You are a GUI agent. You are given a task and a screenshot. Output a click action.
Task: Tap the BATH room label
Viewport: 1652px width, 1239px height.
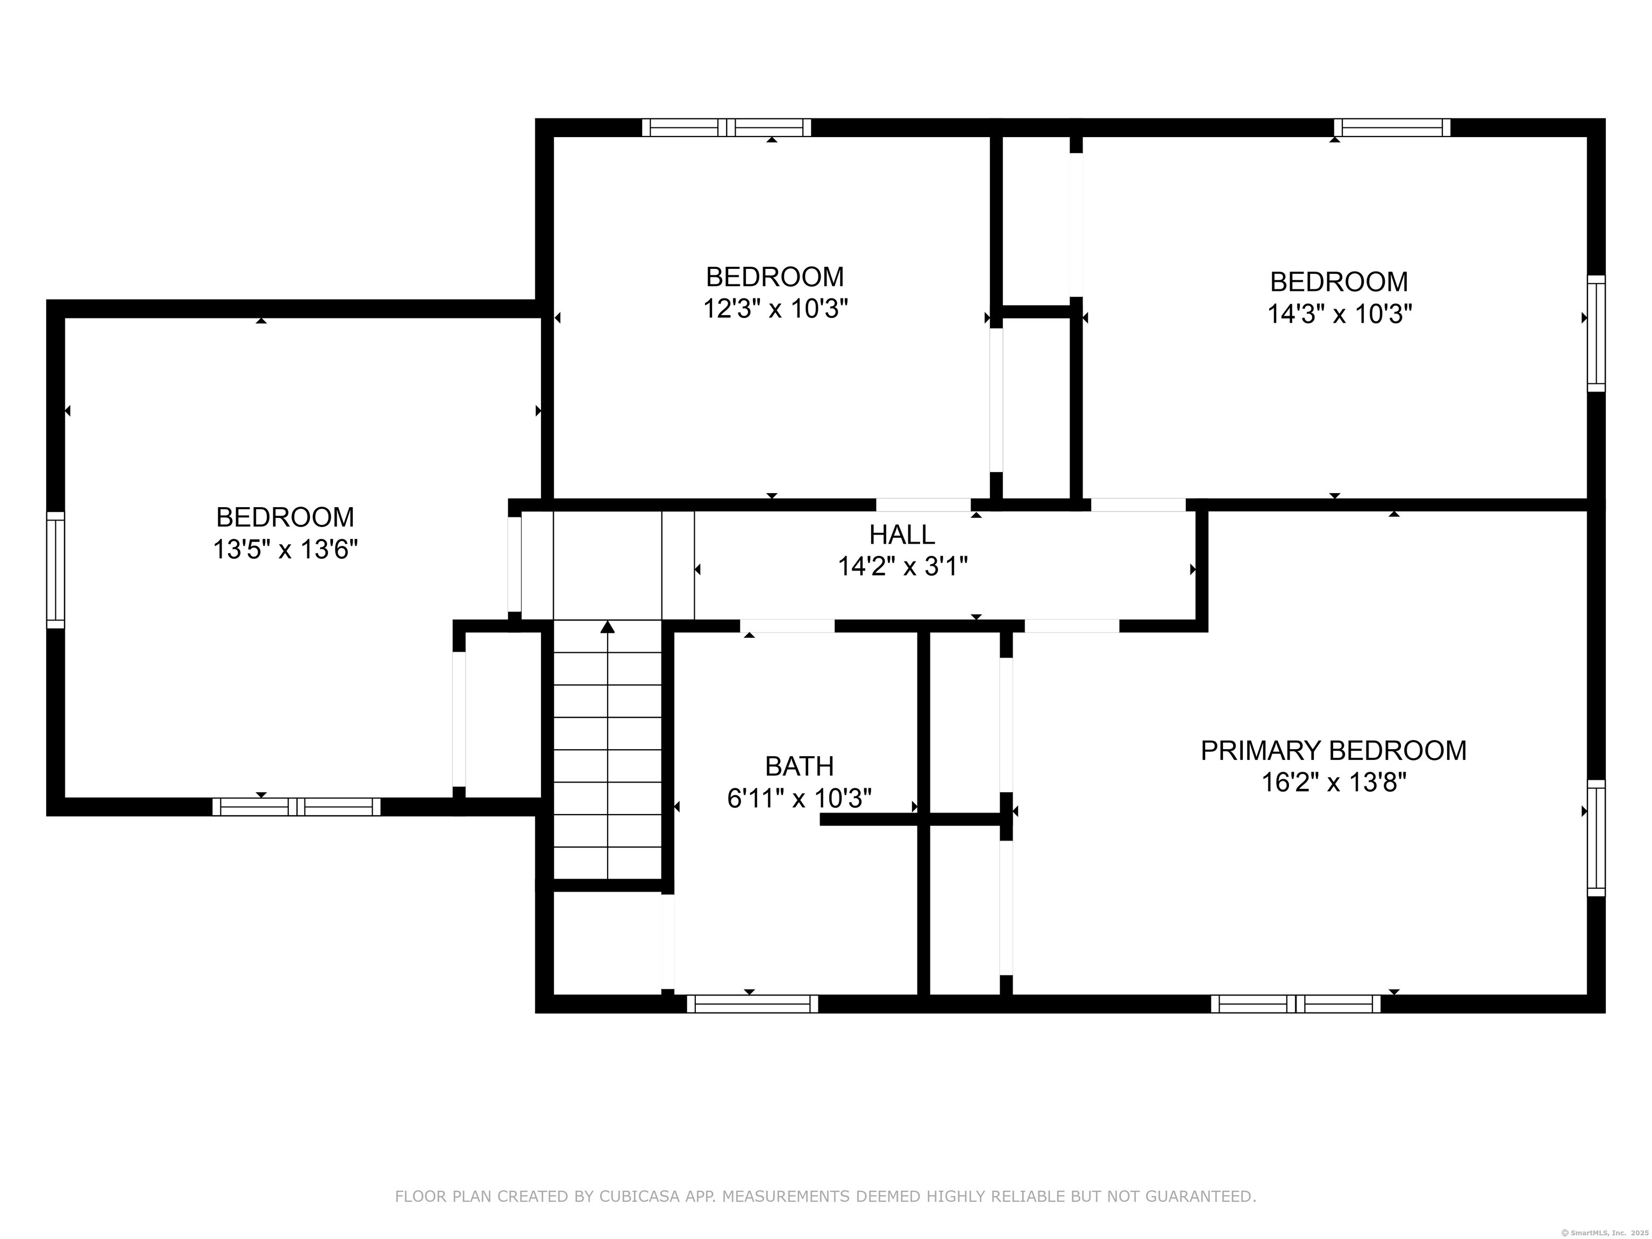[x=799, y=766]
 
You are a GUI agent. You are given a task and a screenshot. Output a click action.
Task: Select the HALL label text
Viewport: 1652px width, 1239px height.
[x=902, y=535]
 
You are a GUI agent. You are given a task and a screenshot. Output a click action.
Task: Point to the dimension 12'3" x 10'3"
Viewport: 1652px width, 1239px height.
[x=775, y=309]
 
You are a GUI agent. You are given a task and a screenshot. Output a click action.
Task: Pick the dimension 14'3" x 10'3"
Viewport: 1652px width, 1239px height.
[x=1339, y=314]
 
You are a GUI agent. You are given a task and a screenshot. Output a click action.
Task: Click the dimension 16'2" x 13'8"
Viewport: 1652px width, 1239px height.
[x=1334, y=782]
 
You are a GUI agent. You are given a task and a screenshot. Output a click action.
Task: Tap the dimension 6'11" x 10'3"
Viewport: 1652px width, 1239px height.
[x=799, y=799]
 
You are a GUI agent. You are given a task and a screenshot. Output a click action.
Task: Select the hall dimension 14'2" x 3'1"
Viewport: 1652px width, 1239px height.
[x=902, y=567]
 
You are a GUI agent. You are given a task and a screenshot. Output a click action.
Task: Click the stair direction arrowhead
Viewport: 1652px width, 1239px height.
[x=608, y=626]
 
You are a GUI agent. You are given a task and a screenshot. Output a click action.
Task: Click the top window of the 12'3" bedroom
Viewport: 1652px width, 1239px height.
[x=727, y=127]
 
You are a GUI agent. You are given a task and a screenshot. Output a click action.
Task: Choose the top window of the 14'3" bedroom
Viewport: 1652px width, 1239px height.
[x=1392, y=127]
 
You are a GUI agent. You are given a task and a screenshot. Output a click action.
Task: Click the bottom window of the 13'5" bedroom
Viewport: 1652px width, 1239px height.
[x=296, y=807]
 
